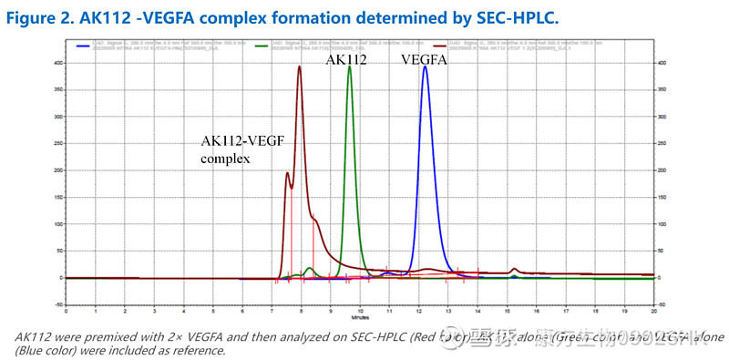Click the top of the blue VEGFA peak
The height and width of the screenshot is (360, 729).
pos(425,67)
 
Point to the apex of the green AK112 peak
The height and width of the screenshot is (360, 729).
pos(349,67)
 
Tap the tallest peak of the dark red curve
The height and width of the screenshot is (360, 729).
pos(299,67)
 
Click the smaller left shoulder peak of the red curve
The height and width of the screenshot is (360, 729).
pos(288,172)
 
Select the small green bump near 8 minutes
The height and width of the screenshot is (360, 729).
pos(310,268)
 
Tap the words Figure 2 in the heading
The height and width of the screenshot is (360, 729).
pos(39,15)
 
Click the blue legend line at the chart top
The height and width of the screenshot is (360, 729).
pos(84,43)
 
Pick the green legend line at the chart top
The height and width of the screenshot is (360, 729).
pos(263,43)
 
